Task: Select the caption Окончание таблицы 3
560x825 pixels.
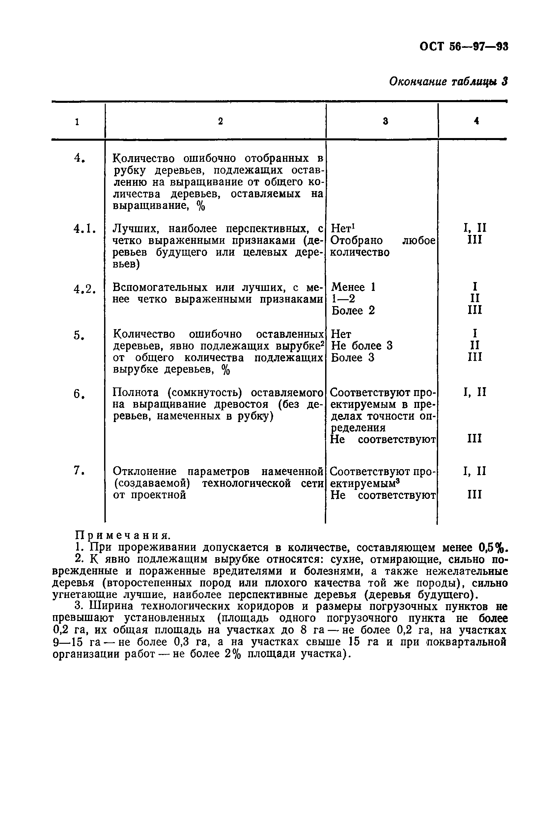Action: tap(448, 82)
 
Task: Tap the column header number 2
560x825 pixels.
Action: tap(220, 121)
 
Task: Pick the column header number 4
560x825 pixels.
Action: tap(476, 121)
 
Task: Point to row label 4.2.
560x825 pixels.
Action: tap(84, 289)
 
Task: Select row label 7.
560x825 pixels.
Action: tap(79, 471)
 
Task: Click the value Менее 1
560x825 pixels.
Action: tap(353, 287)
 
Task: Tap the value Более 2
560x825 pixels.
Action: tap(353, 311)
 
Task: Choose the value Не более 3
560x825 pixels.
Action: tap(362, 346)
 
